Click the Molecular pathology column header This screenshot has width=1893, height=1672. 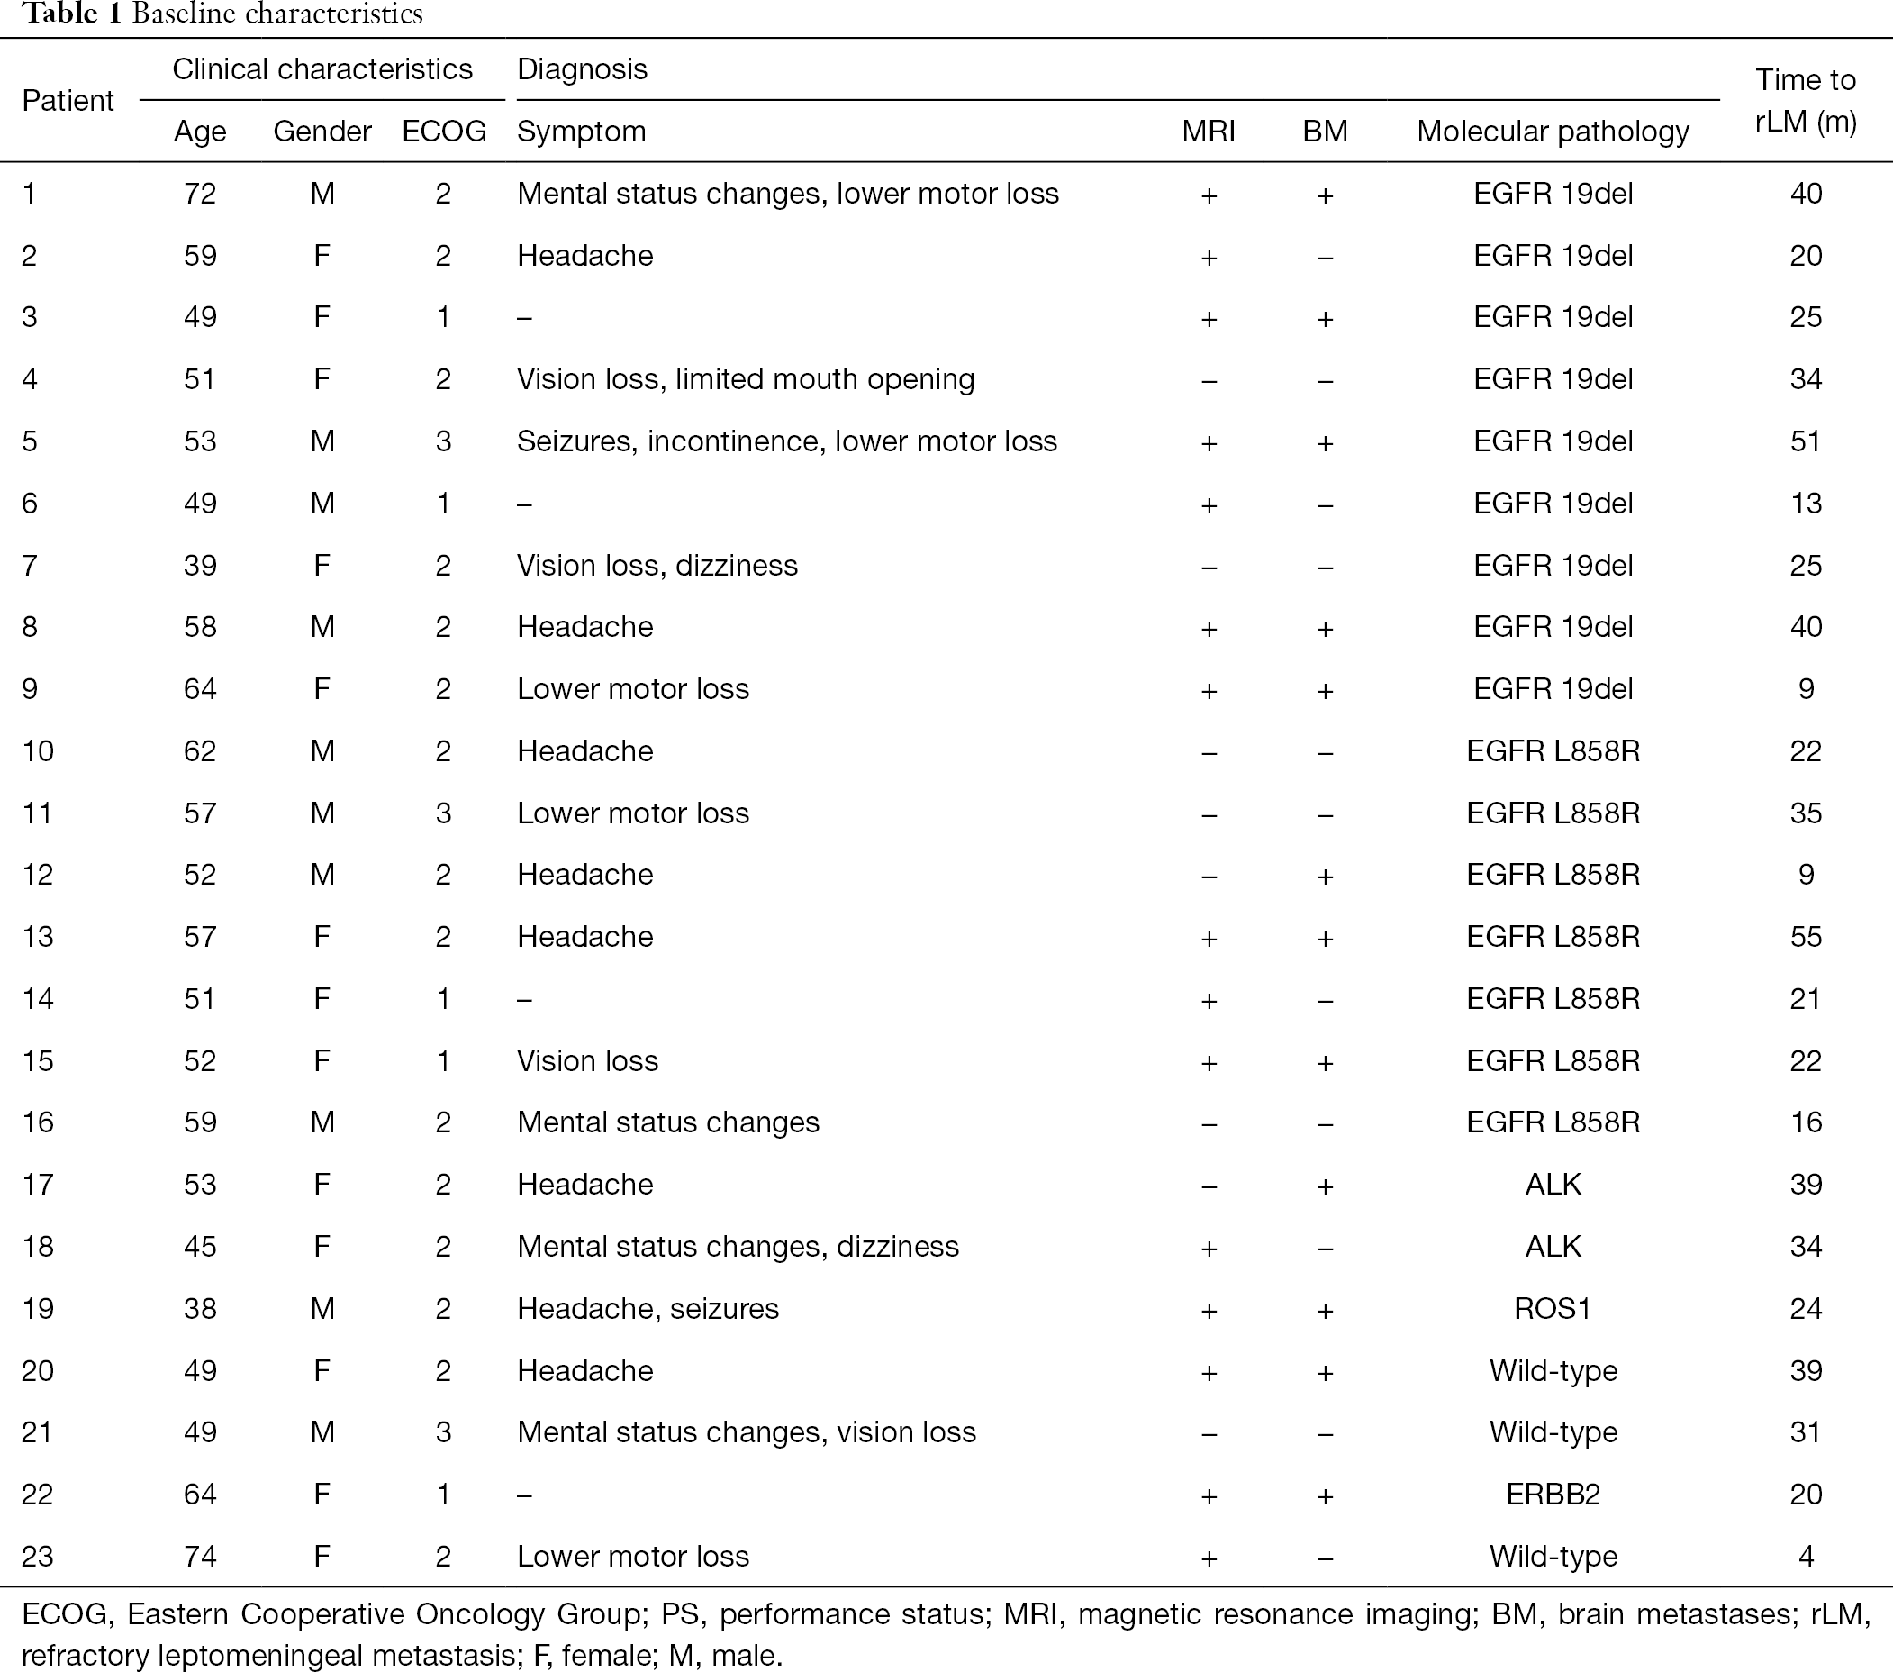click(x=1553, y=132)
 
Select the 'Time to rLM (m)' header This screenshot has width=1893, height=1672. click(x=1806, y=101)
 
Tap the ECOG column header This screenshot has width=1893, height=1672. click(x=444, y=132)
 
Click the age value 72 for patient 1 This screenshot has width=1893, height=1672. click(x=200, y=194)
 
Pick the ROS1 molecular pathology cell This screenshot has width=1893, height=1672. click(x=1553, y=1308)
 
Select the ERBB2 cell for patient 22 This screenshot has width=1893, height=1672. click(x=1553, y=1495)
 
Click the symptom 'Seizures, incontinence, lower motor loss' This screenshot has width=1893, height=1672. click(x=787, y=441)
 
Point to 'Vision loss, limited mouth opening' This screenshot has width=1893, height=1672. click(x=746, y=380)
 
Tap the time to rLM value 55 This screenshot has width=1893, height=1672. click(x=1806, y=937)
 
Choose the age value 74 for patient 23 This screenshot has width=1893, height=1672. click(x=200, y=1556)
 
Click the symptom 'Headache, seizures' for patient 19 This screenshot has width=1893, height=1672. click(x=648, y=1309)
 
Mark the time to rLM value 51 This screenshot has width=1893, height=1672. click(x=1806, y=441)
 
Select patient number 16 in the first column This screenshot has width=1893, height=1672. click(x=38, y=1122)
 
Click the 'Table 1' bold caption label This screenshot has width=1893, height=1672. click(x=72, y=14)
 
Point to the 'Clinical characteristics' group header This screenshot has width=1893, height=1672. click(x=322, y=69)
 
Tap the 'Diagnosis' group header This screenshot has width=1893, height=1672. click(x=582, y=69)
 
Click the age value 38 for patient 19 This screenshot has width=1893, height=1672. click(x=200, y=1308)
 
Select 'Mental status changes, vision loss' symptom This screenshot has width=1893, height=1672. click(x=747, y=1433)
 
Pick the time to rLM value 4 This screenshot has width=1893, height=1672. click(x=1806, y=1556)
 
